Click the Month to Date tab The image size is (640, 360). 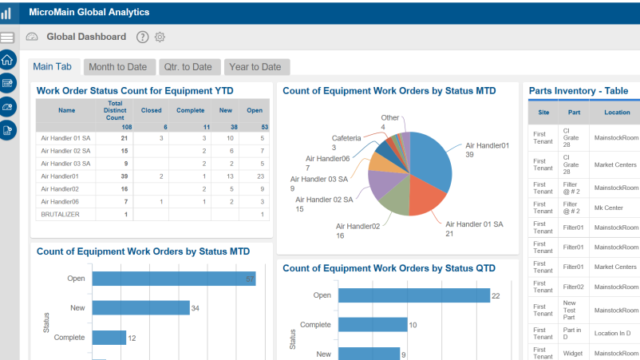[x=117, y=67]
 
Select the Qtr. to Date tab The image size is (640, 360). [x=188, y=67]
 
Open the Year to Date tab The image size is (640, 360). [x=256, y=67]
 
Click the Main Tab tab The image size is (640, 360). [x=53, y=67]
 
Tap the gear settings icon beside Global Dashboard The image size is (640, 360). [x=160, y=37]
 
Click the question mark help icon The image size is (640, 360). [x=142, y=37]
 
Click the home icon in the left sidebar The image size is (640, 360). [x=8, y=60]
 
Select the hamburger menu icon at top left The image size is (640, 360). [x=8, y=38]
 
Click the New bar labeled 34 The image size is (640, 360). [x=140, y=308]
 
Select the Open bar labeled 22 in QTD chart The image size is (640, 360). [x=414, y=295]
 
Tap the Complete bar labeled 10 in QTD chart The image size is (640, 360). [x=372, y=325]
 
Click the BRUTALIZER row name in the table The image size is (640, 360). [x=60, y=214]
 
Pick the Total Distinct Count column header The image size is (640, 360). [x=115, y=111]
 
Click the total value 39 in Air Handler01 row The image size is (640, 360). [x=124, y=176]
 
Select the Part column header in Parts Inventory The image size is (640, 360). [x=575, y=113]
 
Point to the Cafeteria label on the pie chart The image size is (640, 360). [x=346, y=137]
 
